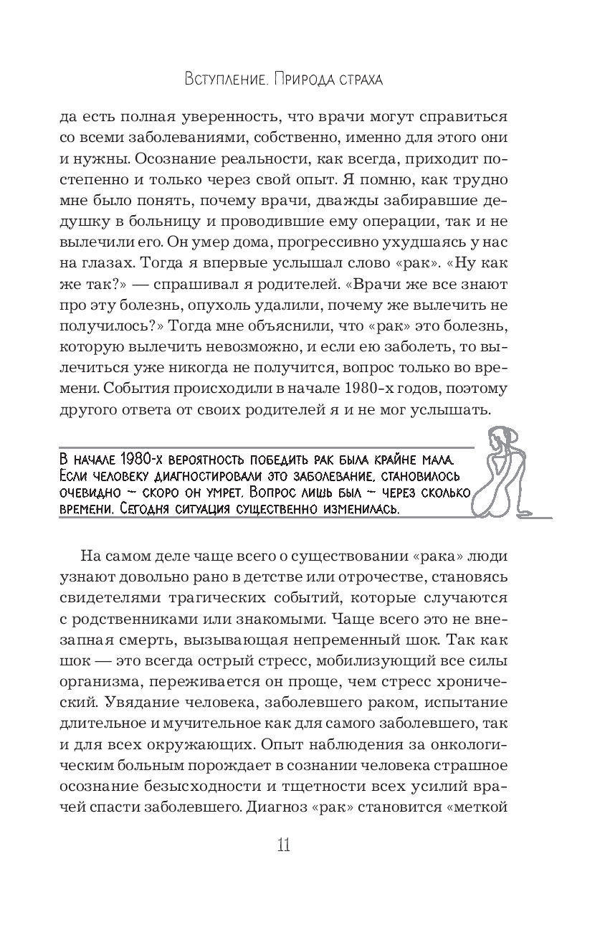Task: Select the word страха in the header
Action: pyautogui.click(x=353, y=79)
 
